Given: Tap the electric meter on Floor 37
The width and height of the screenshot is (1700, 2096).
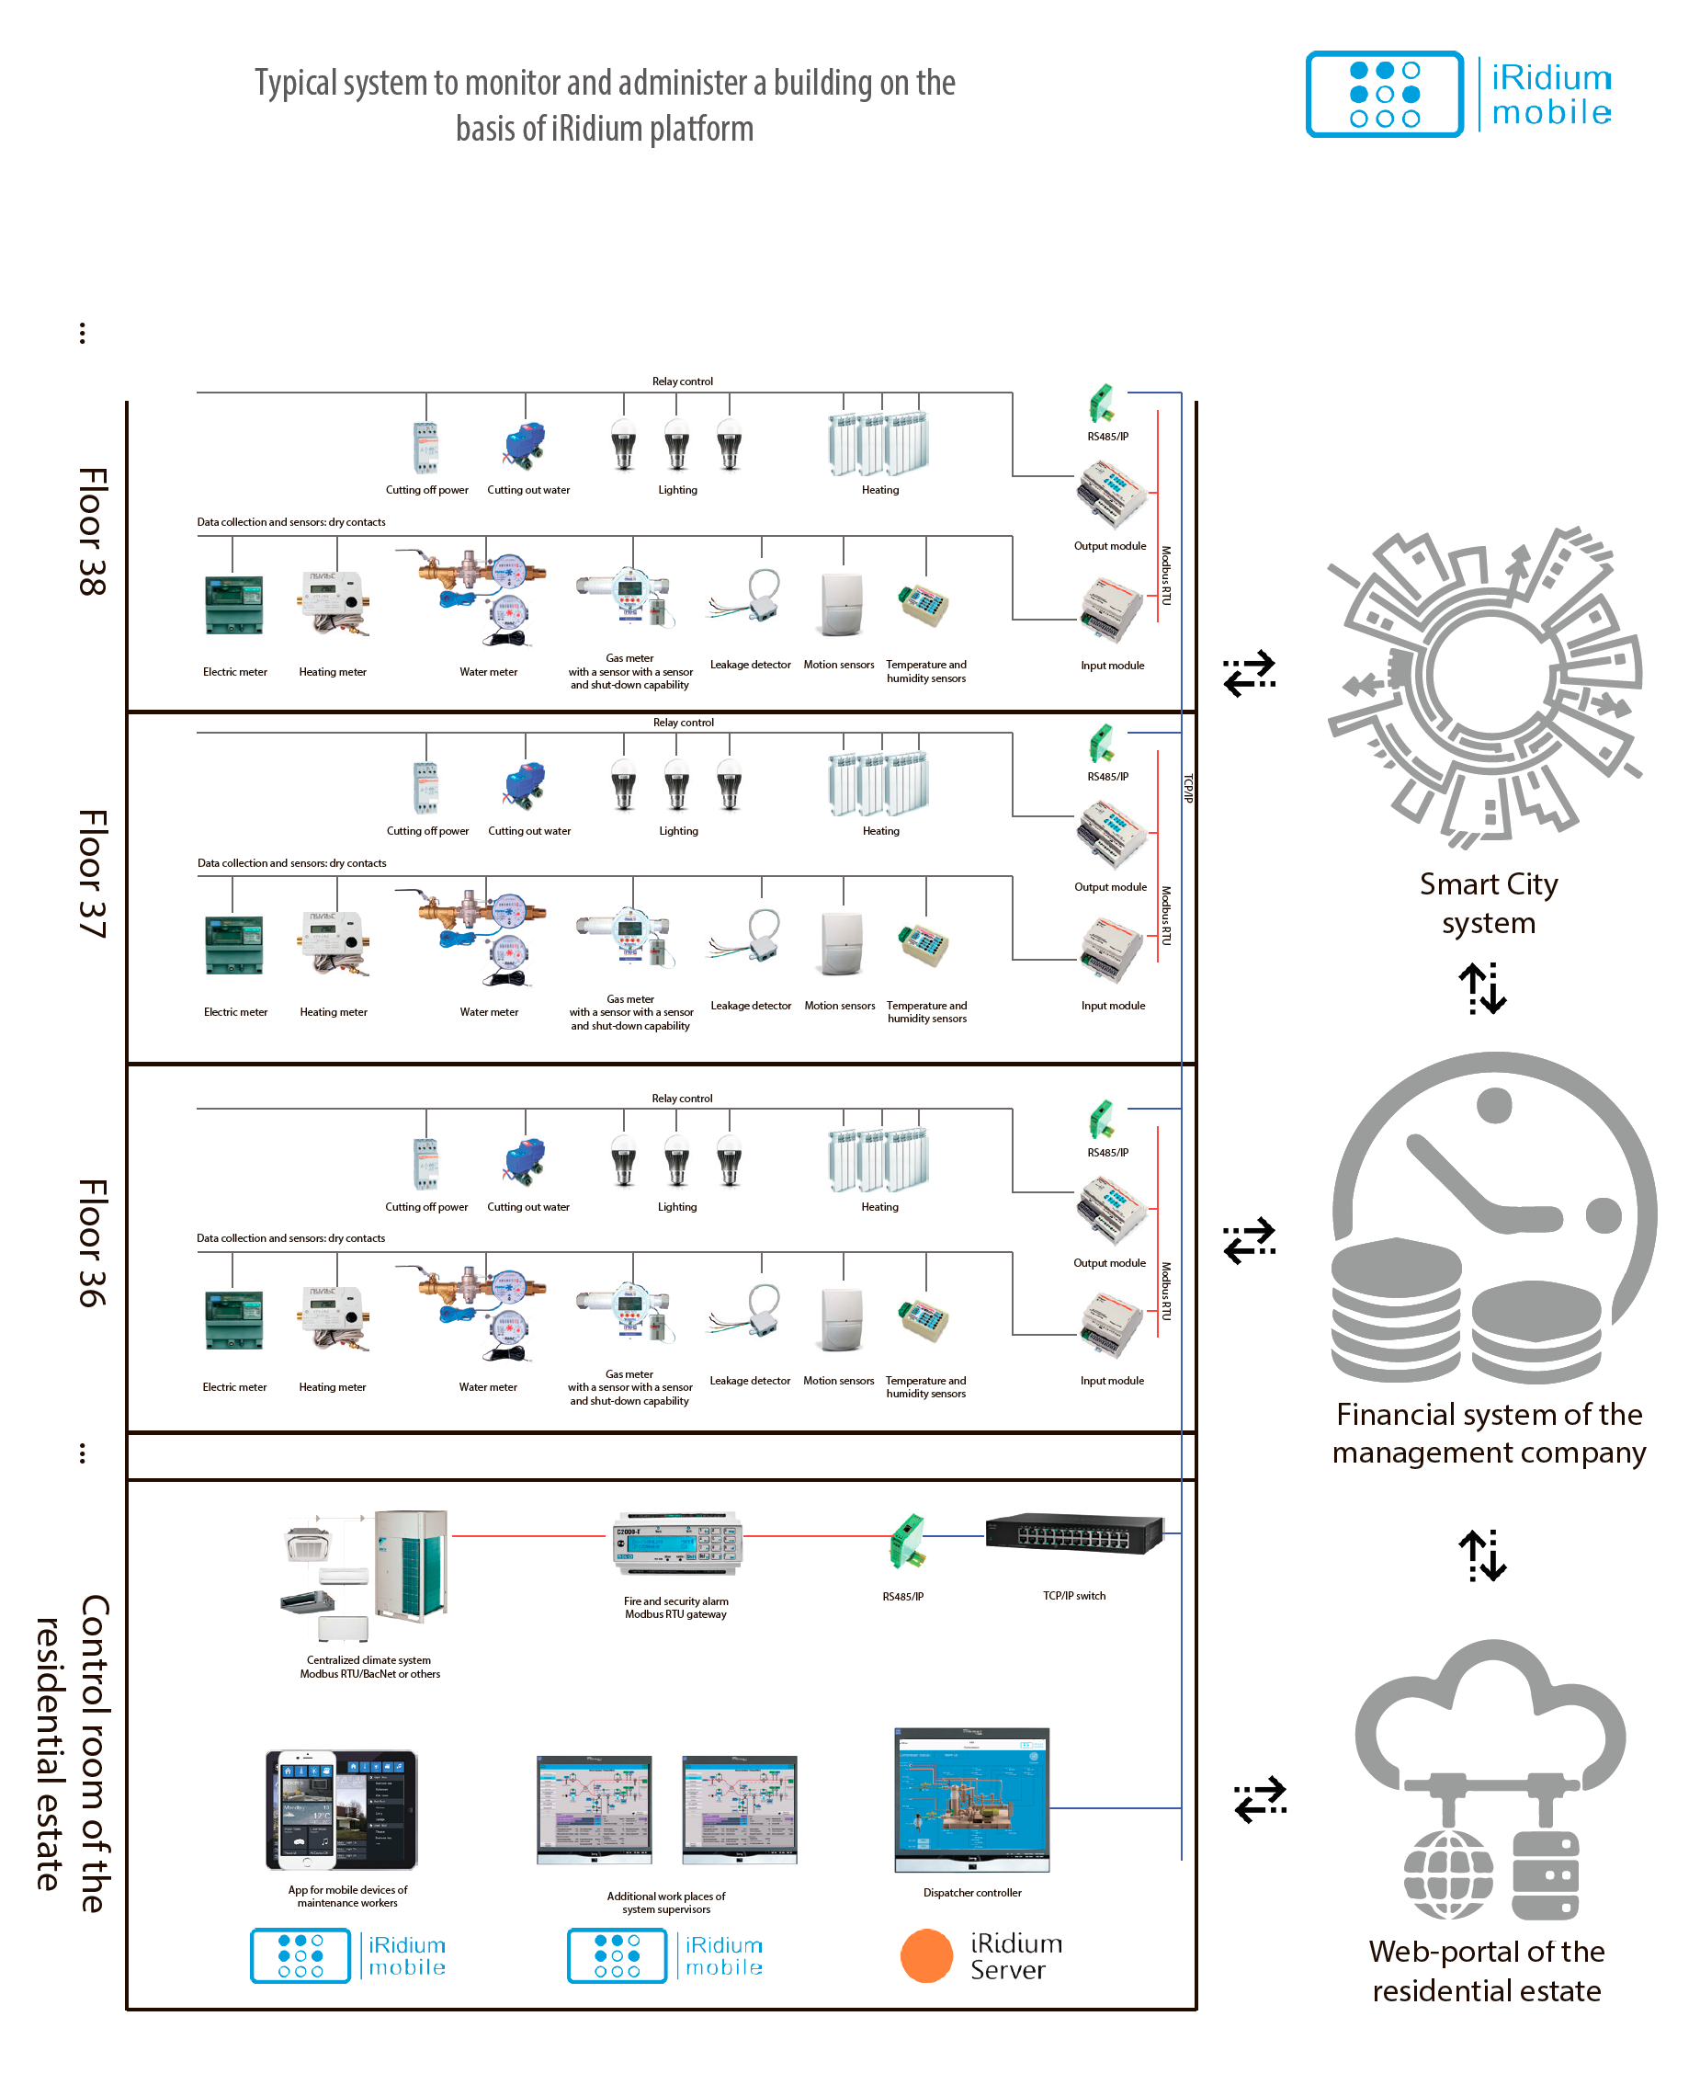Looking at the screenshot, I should coord(234,945).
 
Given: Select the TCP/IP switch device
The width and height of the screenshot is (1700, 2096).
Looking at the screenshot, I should coord(1074,1533).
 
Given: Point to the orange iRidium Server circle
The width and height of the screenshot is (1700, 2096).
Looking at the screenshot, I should coord(925,1956).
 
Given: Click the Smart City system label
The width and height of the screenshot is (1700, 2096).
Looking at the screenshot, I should coord(1488,903).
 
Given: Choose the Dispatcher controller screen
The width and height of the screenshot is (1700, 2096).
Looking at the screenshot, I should coord(971,1800).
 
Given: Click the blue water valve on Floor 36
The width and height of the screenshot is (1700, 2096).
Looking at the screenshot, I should coord(526,1162).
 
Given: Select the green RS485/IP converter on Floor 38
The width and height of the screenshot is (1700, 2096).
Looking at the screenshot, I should coord(1102,404).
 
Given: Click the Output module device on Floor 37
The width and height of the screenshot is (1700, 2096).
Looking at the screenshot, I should coord(1112,835).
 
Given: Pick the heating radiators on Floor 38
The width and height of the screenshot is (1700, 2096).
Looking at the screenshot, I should coord(878,444).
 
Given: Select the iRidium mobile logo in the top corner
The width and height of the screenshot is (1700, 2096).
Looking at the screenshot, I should coord(1459,94).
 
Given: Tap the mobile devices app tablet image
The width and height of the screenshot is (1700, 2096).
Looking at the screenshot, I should coord(342,1810).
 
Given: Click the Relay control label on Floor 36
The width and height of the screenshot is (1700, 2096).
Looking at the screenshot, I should coord(682,1098).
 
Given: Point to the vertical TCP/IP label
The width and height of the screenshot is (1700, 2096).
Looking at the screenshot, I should coord(1188,789).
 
